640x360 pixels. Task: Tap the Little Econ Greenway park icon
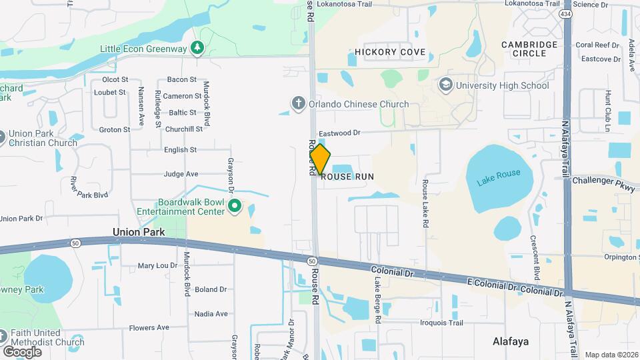click(197, 48)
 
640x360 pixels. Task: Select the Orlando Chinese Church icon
click(299, 103)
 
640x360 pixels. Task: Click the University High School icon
click(445, 85)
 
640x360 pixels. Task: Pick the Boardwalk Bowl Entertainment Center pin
click(234, 207)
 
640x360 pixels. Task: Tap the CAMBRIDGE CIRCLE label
click(529, 49)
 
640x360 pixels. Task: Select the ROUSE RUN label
click(347, 177)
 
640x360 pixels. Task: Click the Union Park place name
click(139, 232)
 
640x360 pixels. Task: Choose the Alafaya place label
click(511, 341)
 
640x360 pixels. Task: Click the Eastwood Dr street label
click(339, 133)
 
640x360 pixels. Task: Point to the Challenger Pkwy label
click(602, 180)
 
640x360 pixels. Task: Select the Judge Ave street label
click(181, 174)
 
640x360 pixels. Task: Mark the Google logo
click(22, 351)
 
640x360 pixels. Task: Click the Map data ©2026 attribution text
click(611, 355)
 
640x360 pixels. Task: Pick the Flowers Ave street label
click(149, 327)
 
